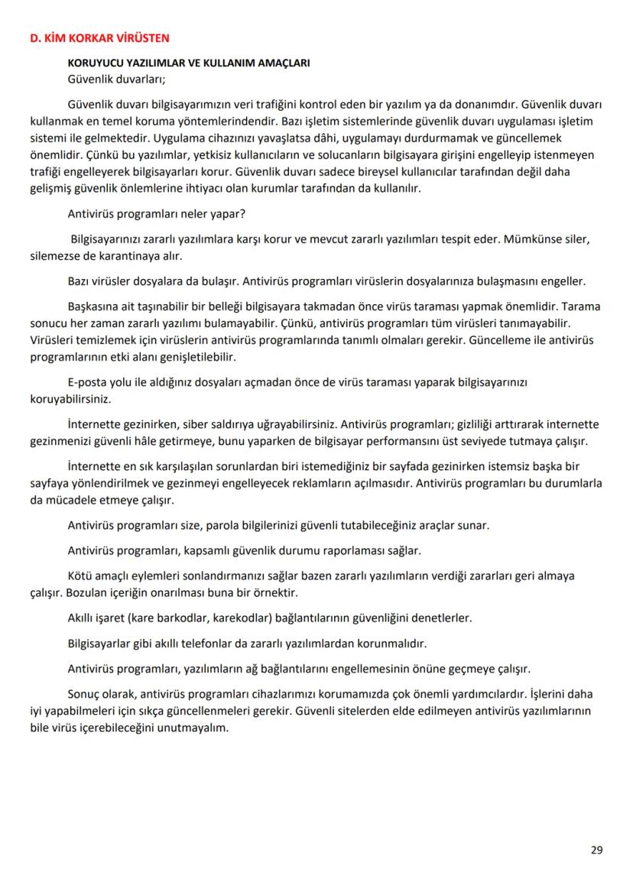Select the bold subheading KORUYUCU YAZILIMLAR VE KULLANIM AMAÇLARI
coord(188,63)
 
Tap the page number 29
coord(596,850)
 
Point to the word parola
coord(219,526)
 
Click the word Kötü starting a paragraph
coord(80,576)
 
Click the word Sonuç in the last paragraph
coord(84,694)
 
